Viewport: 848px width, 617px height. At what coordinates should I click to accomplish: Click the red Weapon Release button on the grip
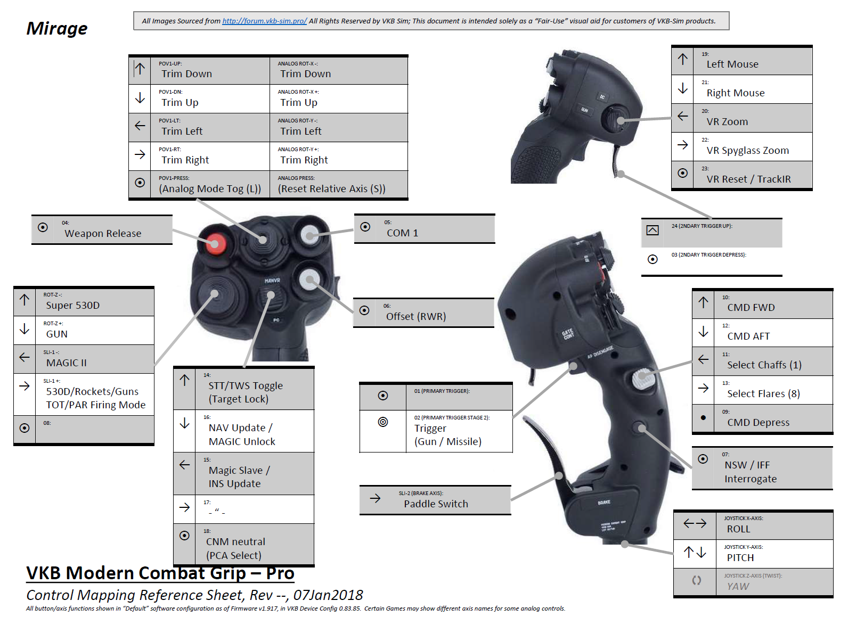click(x=215, y=244)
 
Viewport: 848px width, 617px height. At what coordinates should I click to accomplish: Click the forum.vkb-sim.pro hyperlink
click(x=264, y=21)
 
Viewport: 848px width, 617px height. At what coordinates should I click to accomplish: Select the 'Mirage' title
click(x=57, y=28)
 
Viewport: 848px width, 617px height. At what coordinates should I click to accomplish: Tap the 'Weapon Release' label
click(x=103, y=233)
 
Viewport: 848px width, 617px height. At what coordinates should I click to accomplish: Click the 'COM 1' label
click(x=402, y=233)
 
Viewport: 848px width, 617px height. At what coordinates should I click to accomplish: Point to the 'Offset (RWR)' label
click(x=416, y=316)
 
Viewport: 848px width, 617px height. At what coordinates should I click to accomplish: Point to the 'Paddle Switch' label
click(x=436, y=504)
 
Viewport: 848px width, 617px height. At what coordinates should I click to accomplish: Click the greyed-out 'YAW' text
click(x=738, y=586)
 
